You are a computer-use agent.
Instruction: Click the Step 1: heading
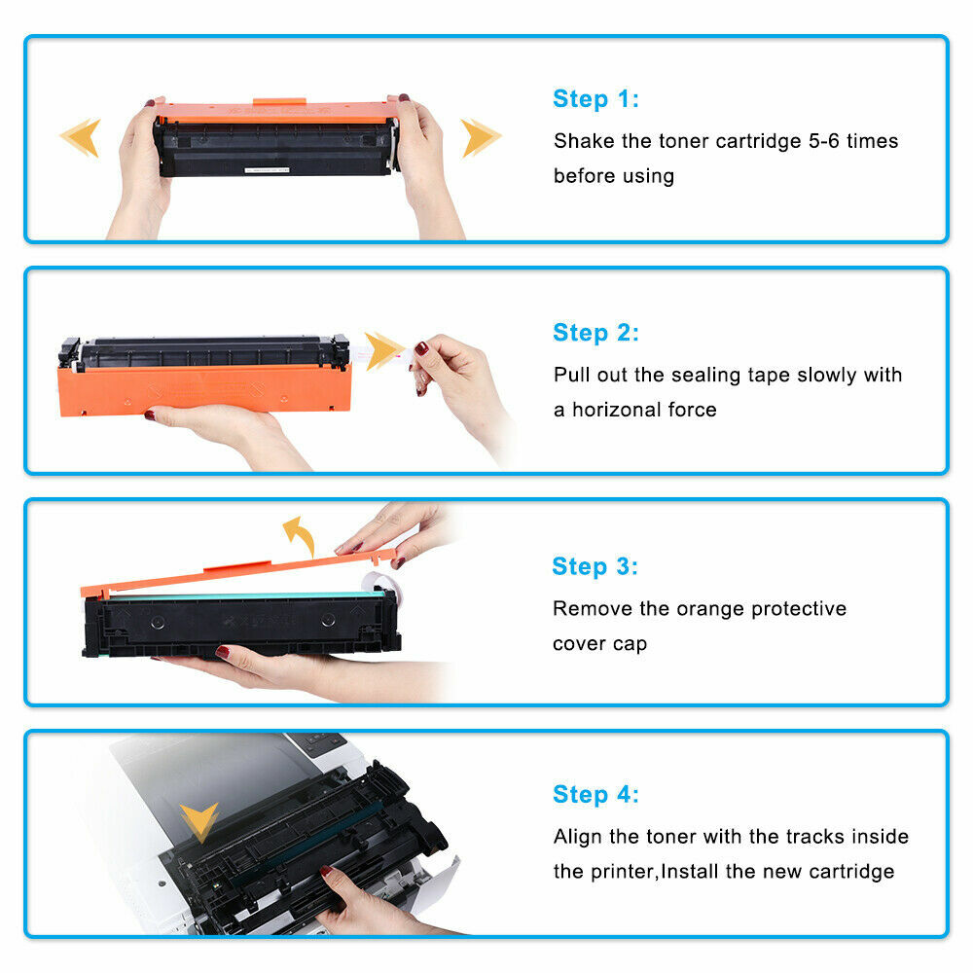click(595, 99)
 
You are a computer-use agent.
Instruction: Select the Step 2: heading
click(595, 333)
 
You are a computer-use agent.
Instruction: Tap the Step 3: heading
click(595, 566)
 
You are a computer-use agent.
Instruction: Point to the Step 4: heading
click(595, 795)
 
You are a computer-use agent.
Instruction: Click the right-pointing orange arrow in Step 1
click(481, 137)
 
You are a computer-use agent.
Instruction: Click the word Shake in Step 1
click(585, 141)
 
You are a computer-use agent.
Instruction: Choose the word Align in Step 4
click(580, 837)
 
